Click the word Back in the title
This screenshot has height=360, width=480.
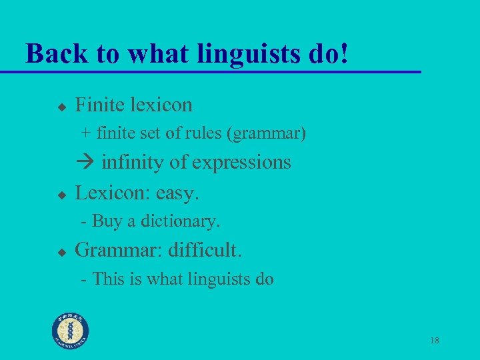pos(52,53)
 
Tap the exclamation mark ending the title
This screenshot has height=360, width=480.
pos(344,53)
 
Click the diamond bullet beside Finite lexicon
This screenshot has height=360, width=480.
pos(61,106)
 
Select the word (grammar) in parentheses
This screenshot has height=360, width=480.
pos(267,134)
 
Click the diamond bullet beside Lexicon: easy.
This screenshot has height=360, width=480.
pos(61,195)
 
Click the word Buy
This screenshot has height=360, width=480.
pos(105,221)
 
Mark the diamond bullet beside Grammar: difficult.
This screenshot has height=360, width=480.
pos(61,252)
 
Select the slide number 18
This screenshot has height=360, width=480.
pos(434,341)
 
